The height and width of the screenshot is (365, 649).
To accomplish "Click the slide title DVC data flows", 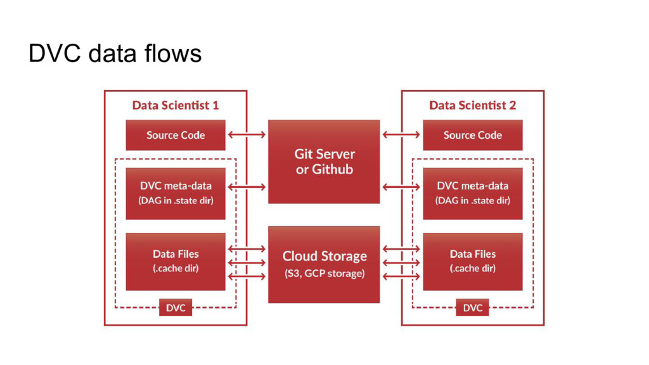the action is pyautogui.click(x=115, y=53).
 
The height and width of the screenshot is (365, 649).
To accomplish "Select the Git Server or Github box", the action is pyautogui.click(x=324, y=162).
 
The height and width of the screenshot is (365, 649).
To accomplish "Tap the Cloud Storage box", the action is pyautogui.click(x=324, y=264).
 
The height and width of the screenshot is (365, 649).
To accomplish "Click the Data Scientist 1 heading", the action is pyautogui.click(x=176, y=105).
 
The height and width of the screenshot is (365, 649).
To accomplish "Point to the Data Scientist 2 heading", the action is pyautogui.click(x=473, y=105).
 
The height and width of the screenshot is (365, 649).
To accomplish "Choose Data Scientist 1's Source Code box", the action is pyautogui.click(x=176, y=135).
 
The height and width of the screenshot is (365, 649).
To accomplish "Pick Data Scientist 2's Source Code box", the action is pyautogui.click(x=473, y=135).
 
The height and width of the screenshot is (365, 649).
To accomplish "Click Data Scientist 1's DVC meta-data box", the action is pyautogui.click(x=176, y=193).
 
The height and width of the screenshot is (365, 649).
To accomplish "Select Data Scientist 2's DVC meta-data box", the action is pyautogui.click(x=473, y=193).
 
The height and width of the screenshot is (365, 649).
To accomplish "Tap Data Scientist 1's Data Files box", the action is pyautogui.click(x=176, y=262).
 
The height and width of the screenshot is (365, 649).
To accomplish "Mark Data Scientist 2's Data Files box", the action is pyautogui.click(x=473, y=262).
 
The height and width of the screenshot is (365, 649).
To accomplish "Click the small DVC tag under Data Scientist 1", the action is pyautogui.click(x=176, y=307).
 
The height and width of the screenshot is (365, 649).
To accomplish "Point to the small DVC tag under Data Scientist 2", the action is pyautogui.click(x=472, y=307).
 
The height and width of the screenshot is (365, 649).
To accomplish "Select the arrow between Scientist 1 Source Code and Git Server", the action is pyautogui.click(x=247, y=134).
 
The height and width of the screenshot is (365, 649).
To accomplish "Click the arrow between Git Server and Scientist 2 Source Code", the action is pyautogui.click(x=401, y=134).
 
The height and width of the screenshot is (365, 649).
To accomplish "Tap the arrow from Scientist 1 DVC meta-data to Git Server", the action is pyautogui.click(x=247, y=187).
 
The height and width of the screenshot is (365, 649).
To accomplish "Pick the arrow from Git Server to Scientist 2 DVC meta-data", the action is pyautogui.click(x=401, y=187).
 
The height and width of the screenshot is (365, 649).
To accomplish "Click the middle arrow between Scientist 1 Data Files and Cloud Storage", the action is pyautogui.click(x=247, y=262).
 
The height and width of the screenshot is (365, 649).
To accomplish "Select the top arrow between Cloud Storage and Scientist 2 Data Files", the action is pyautogui.click(x=401, y=248).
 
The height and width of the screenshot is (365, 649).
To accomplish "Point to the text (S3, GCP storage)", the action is pyautogui.click(x=324, y=274).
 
